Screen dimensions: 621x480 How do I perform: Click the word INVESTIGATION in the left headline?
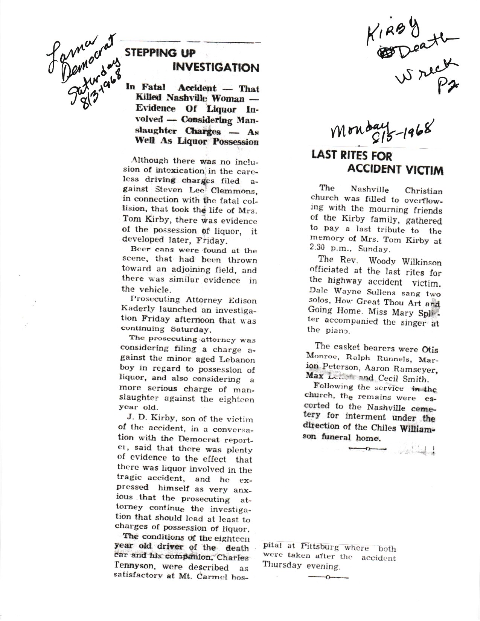tap(216, 68)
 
